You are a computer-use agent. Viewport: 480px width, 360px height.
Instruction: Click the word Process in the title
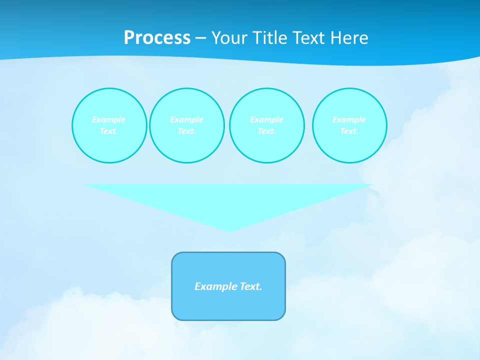pyautogui.click(x=157, y=38)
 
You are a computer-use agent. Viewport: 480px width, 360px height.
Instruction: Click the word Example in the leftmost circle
pyautogui.click(x=109, y=120)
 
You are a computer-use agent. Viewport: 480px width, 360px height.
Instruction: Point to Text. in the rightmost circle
pyautogui.click(x=349, y=131)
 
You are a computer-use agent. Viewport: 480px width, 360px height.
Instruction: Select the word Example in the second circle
pyautogui.click(x=186, y=120)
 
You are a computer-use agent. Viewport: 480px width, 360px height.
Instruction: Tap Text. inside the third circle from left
pyautogui.click(x=266, y=131)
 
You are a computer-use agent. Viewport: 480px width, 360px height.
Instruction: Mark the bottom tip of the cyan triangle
pyautogui.click(x=229, y=230)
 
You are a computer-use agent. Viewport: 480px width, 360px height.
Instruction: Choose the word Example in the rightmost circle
pyautogui.click(x=349, y=120)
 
